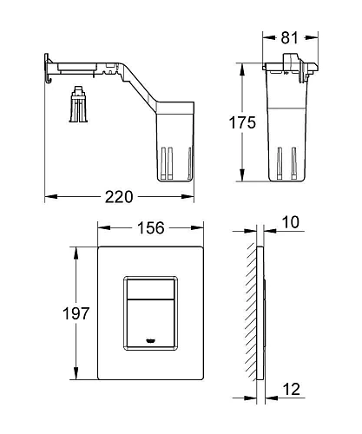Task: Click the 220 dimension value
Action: [x=119, y=197]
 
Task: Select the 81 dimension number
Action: [x=289, y=37]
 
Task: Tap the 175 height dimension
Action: [x=242, y=122]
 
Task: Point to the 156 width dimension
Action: [x=151, y=228]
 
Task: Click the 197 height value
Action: [x=76, y=313]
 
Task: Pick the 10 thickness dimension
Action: [x=290, y=222]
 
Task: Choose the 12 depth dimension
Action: [x=292, y=390]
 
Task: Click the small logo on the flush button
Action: [x=150, y=341]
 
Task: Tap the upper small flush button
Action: [x=150, y=289]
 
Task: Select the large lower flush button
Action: [x=150, y=323]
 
